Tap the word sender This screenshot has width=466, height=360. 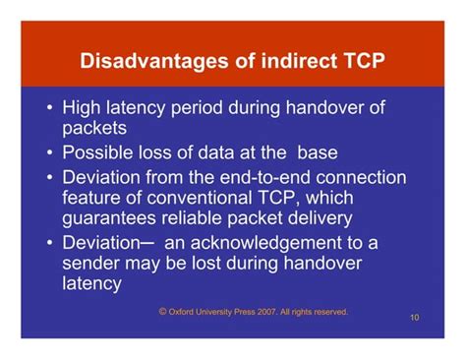(x=92, y=264)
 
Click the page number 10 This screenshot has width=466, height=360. (x=415, y=319)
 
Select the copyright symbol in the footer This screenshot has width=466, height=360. (x=162, y=310)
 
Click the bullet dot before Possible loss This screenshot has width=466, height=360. (x=49, y=153)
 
